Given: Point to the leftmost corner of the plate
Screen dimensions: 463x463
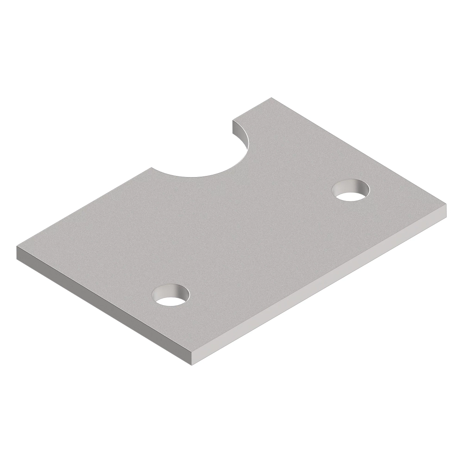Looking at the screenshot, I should [x=17, y=247].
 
